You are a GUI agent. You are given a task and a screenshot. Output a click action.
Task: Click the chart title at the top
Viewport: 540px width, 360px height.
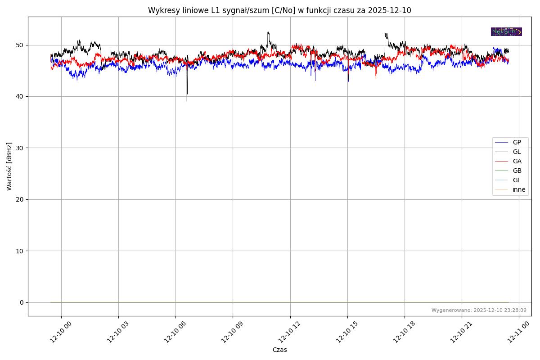[x=279, y=10]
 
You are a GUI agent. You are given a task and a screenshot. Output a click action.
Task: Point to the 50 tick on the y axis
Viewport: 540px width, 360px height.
[x=20, y=45]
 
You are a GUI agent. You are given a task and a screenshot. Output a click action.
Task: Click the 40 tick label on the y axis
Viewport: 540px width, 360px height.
[x=20, y=96]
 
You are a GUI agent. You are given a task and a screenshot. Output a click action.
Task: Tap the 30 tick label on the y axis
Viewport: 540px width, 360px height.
[x=20, y=148]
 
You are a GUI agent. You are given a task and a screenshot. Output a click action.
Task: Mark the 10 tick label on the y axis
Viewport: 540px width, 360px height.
[x=20, y=251]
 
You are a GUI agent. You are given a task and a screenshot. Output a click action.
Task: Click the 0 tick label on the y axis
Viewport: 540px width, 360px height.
[x=22, y=302]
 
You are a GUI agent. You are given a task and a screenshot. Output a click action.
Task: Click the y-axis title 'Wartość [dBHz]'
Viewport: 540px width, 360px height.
[x=9, y=166]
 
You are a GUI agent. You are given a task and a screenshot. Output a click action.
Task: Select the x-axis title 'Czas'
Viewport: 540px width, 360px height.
[x=279, y=350]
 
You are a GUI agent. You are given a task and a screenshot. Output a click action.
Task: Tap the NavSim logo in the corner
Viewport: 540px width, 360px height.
[x=506, y=31]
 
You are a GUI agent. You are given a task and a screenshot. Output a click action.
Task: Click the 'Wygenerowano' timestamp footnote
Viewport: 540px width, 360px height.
[x=479, y=310]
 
